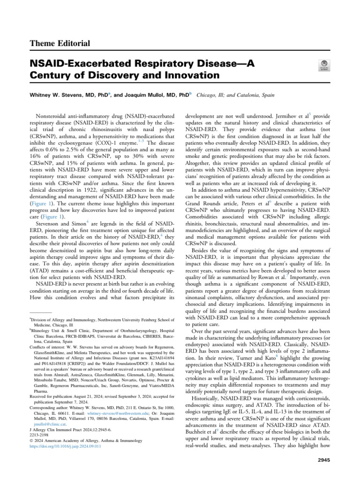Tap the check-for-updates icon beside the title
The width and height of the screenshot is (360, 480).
(323, 66)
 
